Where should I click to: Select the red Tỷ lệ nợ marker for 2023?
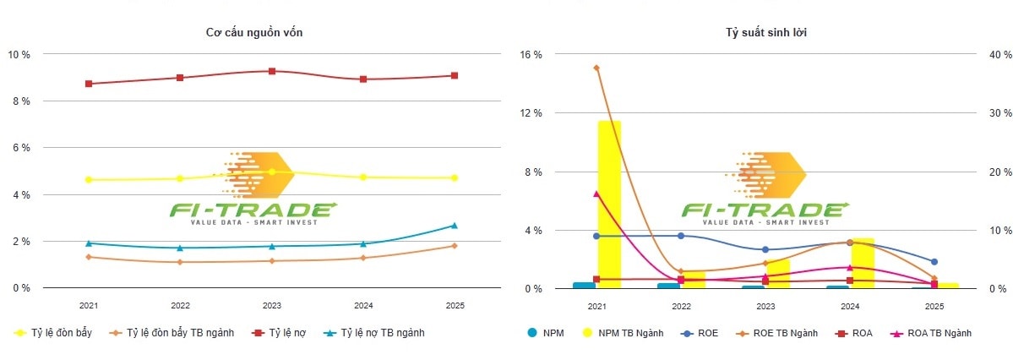tap(272, 71)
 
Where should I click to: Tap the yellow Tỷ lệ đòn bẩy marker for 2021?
tap(89, 179)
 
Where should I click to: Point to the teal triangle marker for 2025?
tap(454, 226)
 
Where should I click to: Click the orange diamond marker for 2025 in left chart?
tap(454, 246)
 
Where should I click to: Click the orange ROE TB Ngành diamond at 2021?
tap(596, 68)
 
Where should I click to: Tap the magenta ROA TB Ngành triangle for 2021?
tap(596, 194)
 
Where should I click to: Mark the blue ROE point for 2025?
tap(934, 262)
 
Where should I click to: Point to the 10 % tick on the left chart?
tap(19, 55)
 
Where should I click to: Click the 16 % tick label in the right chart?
tap(531, 55)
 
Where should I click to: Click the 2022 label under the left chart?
tap(180, 305)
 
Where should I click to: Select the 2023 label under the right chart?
tap(765, 306)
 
